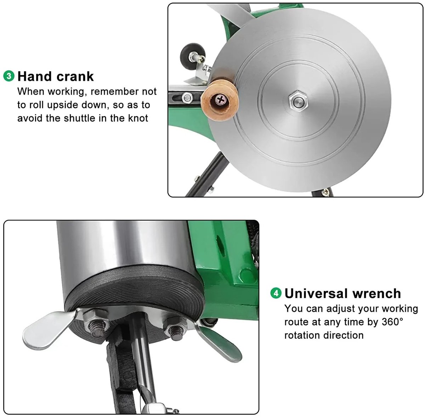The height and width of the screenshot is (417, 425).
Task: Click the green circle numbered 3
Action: (9, 76)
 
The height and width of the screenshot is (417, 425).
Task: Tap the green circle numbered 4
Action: (276, 293)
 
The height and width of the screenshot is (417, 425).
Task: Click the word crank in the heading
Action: (75, 77)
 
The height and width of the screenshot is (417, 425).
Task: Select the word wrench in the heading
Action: (376, 294)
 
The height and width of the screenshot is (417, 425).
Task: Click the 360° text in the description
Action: (392, 322)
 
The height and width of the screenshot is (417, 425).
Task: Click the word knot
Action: (138, 118)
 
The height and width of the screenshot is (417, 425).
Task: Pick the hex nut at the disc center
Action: (298, 101)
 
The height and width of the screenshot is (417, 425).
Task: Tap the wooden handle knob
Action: (220, 100)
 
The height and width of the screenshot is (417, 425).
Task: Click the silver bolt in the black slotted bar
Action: (187, 97)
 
